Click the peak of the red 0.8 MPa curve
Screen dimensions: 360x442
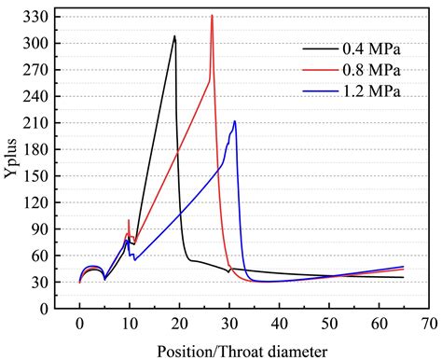point(213,16)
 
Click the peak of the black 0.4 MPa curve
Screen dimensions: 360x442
point(174,36)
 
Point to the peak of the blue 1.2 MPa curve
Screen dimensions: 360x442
point(235,120)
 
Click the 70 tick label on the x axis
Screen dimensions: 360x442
point(428,325)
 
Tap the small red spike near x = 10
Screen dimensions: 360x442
point(129,221)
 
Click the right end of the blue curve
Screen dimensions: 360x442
point(403,267)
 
